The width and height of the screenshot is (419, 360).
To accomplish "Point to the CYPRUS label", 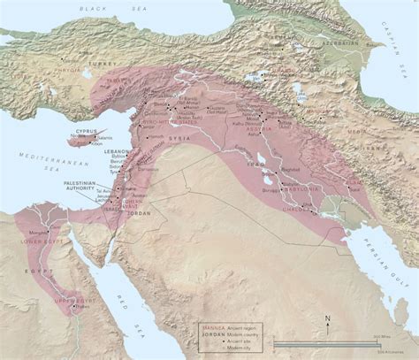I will tap(86, 130).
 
